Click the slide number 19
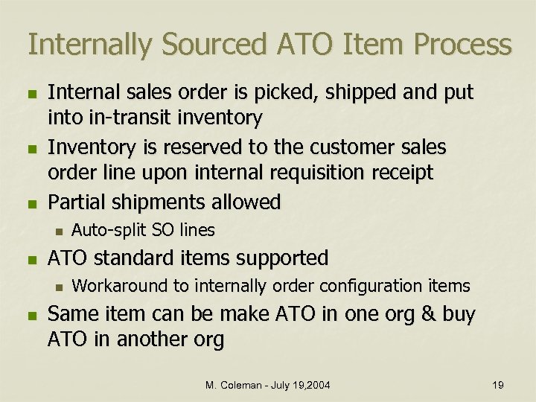(498, 385)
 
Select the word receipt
(400, 173)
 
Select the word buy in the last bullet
(459, 315)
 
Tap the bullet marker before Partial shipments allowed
(30, 203)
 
